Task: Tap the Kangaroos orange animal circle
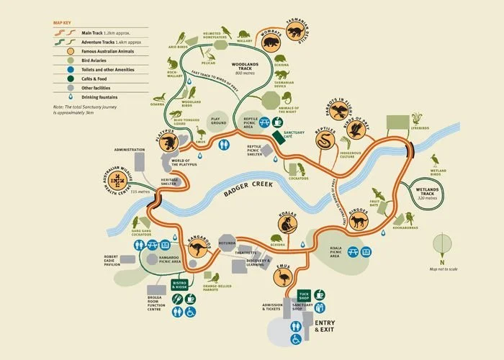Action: tap(197, 248)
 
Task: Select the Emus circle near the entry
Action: tap(282, 279)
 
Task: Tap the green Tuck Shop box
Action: tap(304, 296)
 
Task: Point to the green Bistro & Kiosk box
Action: tap(179, 286)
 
